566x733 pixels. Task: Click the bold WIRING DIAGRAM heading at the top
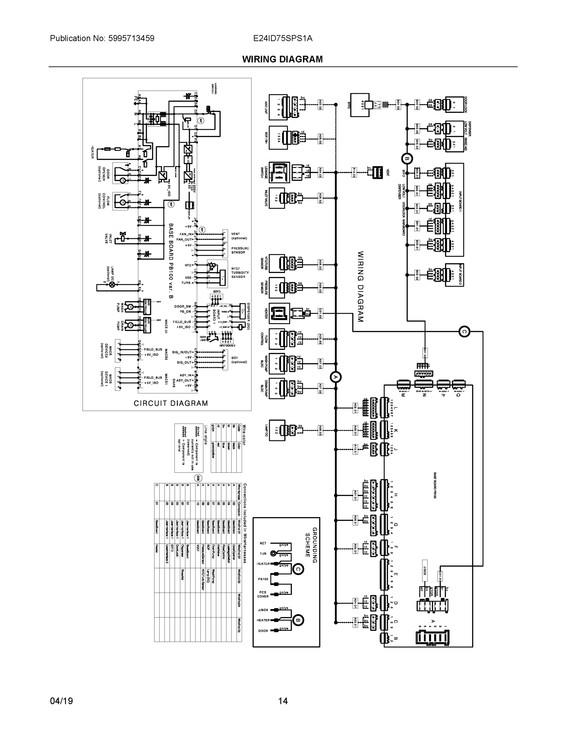(x=282, y=60)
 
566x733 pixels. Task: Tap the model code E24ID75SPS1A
(x=283, y=38)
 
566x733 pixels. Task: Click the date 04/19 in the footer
(x=61, y=701)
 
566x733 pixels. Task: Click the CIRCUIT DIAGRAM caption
(x=171, y=403)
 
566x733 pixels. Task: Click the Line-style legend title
(x=206, y=435)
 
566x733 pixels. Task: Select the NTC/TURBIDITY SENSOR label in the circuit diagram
(x=240, y=272)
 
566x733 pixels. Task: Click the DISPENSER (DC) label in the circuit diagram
(x=248, y=316)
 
